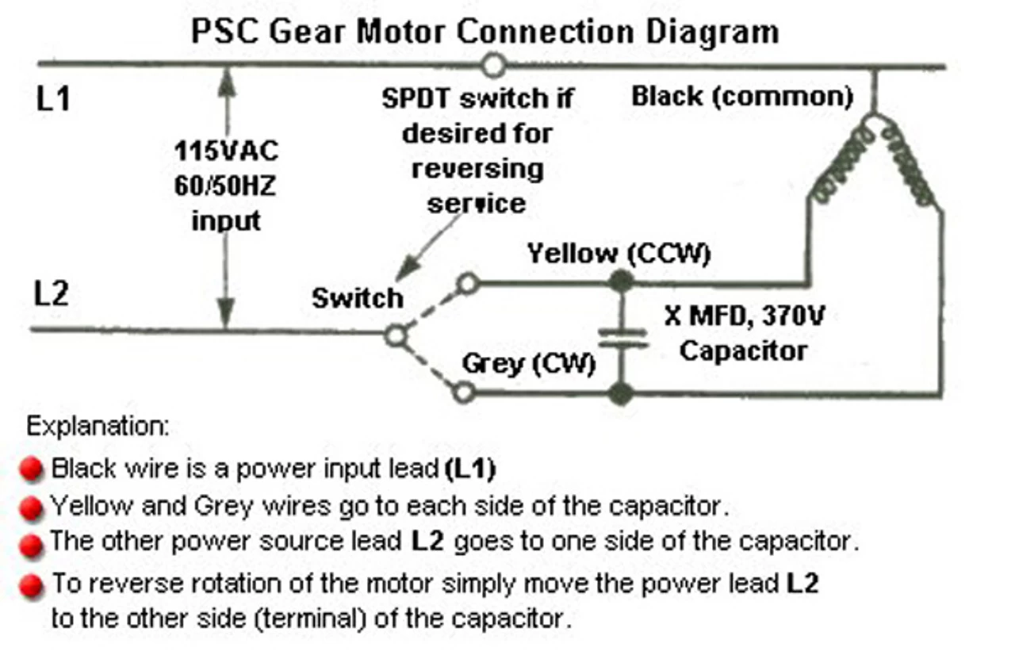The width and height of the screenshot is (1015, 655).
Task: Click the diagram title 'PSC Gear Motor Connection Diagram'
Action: tap(485, 32)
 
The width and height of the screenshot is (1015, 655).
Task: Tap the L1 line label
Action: tap(53, 100)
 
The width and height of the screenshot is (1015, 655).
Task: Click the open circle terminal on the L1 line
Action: tap(493, 64)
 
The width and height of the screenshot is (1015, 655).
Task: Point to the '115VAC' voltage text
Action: tap(227, 151)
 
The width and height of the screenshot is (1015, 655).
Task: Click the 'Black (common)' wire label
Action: tap(742, 97)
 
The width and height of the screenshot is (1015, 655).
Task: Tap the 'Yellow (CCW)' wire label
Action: tap(619, 254)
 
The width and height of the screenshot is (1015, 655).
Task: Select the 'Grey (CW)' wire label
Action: tap(528, 364)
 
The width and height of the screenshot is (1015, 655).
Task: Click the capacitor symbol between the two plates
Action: tap(622, 337)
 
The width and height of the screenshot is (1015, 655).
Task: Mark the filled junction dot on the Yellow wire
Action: tap(622, 281)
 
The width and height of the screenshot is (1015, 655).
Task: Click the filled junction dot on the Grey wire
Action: tap(622, 393)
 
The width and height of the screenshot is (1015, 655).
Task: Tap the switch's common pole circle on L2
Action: tap(395, 336)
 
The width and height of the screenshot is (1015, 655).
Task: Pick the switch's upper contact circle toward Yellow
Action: tap(469, 282)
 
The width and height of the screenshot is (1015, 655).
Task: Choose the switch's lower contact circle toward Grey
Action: tap(467, 392)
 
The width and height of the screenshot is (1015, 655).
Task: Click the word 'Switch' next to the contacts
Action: tap(357, 298)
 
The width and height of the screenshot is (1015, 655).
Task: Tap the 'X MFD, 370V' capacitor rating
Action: tap(745, 318)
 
